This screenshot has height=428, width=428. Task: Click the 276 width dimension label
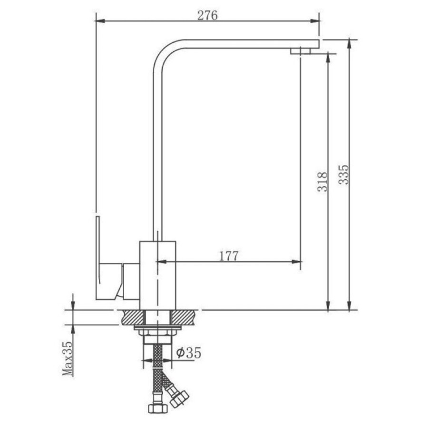click(x=207, y=15)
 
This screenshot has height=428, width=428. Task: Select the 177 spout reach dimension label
click(x=229, y=256)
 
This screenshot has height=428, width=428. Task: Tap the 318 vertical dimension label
click(x=322, y=182)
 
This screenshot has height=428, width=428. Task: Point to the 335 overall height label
click(x=344, y=175)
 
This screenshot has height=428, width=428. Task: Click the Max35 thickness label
click(x=68, y=359)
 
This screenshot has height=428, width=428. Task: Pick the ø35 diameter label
click(x=189, y=352)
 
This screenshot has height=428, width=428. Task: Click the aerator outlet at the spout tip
click(x=301, y=51)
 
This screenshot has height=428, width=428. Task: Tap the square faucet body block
click(x=158, y=275)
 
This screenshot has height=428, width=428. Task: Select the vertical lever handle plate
click(x=98, y=258)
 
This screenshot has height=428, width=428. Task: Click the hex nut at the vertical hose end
click(x=157, y=408)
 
